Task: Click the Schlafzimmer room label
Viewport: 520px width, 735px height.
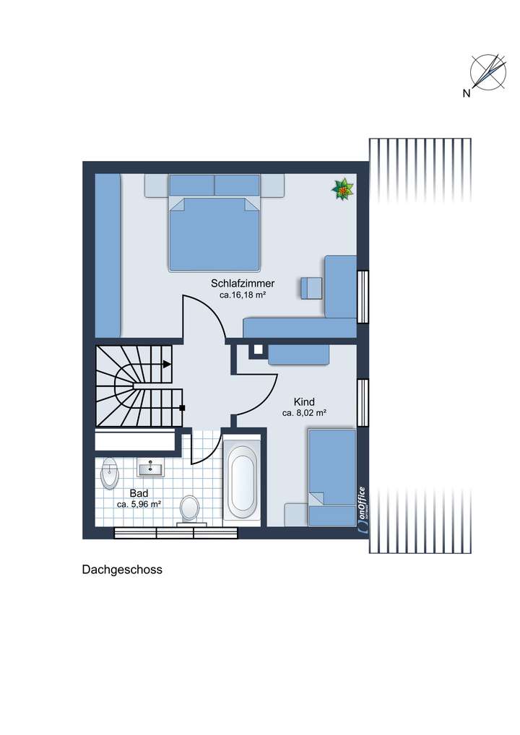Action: pos(243,283)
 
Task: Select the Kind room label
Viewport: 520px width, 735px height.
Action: pos(304,401)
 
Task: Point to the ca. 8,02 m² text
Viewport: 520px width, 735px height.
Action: pos(304,414)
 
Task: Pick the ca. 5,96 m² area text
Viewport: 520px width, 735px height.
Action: pos(138,504)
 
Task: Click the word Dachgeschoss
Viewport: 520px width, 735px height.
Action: pos(122,570)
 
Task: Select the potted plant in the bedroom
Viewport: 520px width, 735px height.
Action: pos(343,189)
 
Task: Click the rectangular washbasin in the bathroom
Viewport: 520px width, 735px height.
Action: pos(151,469)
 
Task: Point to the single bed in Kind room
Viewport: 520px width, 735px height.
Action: pos(332,477)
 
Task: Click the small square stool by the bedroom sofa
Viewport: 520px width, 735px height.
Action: pos(312,287)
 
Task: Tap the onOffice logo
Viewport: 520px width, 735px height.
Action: pos(361,510)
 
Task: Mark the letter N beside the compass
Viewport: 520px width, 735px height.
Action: pos(467,92)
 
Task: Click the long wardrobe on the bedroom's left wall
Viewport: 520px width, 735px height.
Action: pos(108,254)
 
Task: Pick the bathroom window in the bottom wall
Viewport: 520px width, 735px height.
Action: pos(176,534)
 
